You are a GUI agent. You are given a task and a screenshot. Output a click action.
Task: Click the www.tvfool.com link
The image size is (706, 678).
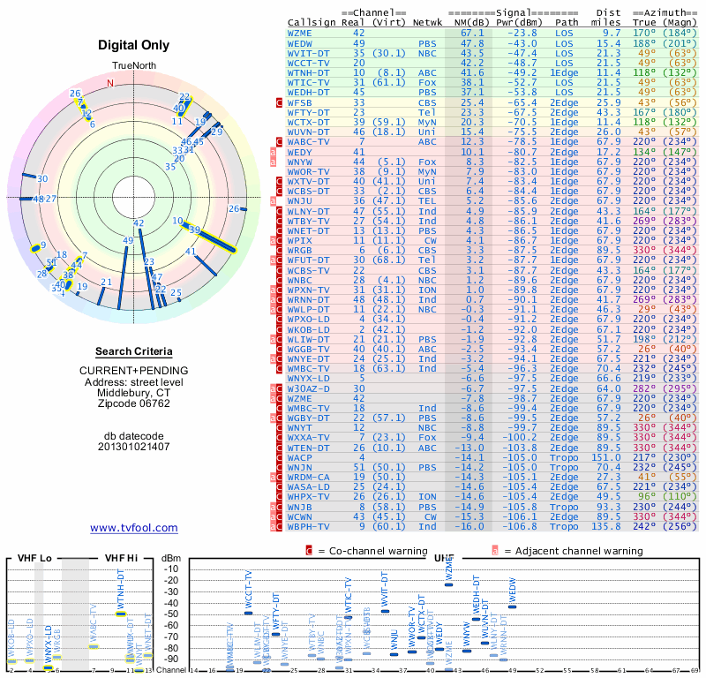point(134,528)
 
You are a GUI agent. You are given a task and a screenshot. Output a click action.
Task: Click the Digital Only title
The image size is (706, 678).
point(134,44)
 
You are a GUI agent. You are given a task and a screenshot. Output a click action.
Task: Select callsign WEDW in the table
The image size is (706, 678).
point(300,42)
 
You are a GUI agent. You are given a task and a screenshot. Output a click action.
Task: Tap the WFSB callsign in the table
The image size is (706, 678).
point(300,103)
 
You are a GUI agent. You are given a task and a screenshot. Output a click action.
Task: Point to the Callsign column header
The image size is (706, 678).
point(312,22)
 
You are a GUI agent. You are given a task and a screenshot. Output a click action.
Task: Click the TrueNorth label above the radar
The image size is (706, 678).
point(133,66)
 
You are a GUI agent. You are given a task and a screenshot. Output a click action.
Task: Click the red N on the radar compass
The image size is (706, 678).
point(110,83)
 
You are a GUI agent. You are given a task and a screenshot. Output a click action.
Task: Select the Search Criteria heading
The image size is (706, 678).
point(134,351)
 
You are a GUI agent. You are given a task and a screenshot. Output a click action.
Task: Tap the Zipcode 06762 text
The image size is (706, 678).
point(134,403)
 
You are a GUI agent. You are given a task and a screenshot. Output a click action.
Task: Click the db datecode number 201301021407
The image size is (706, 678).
point(134,446)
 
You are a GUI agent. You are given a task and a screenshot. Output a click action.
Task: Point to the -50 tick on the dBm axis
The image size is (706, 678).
point(170,614)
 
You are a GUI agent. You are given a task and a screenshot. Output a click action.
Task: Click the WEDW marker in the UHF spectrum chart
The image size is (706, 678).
point(513,606)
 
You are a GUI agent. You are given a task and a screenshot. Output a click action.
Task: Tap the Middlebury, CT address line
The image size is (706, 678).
point(134,392)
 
